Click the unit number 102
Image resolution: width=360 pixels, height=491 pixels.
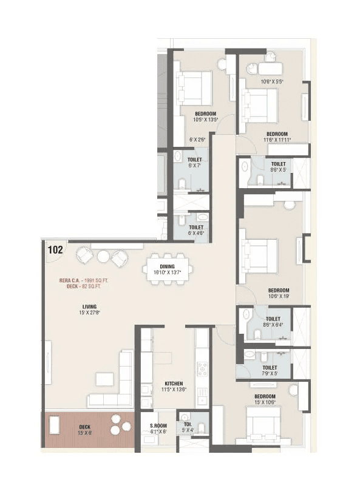[55, 249]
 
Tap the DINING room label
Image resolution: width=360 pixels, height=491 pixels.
[168, 266]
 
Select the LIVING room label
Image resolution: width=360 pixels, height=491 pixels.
[89, 306]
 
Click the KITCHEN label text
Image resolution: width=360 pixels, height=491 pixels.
[174, 384]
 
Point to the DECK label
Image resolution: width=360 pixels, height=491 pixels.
[84, 427]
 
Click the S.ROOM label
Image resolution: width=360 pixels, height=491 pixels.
[159, 425]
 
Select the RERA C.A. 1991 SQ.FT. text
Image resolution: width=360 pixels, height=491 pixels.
[84, 280]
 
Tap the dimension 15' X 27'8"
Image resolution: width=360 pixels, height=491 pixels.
[89, 313]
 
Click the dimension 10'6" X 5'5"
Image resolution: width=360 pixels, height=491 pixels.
[273, 81]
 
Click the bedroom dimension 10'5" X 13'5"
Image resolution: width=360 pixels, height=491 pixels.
[206, 120]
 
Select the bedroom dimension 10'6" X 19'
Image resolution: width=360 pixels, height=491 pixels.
[278, 296]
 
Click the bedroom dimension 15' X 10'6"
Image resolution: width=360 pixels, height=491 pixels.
[265, 402]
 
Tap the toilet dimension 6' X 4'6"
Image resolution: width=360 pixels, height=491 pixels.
[195, 232]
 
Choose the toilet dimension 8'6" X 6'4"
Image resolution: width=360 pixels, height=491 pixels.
[273, 325]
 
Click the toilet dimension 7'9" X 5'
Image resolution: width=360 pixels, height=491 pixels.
[270, 373]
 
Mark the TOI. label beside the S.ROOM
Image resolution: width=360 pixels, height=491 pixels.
[187, 425]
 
